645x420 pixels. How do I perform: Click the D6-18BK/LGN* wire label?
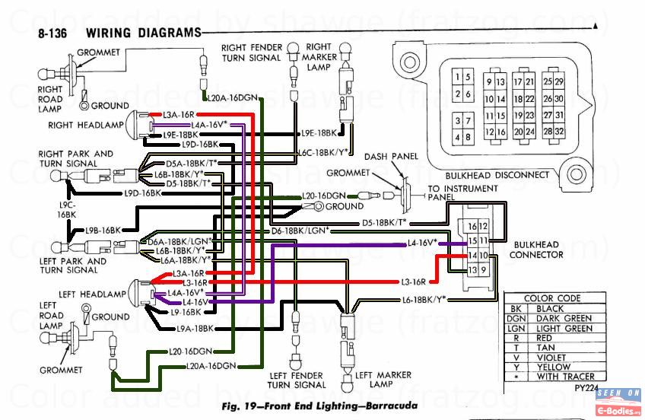tap(300, 230)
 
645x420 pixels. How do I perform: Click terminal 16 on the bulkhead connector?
tap(472, 226)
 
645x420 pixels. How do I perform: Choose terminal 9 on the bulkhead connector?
tap(483, 269)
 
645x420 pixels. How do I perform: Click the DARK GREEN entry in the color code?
tap(563, 318)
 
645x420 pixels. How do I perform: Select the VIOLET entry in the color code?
tap(552, 357)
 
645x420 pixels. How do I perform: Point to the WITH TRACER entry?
tap(564, 376)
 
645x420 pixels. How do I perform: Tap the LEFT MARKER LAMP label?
tap(383, 379)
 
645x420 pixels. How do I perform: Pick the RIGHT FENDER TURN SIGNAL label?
tap(252, 52)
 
